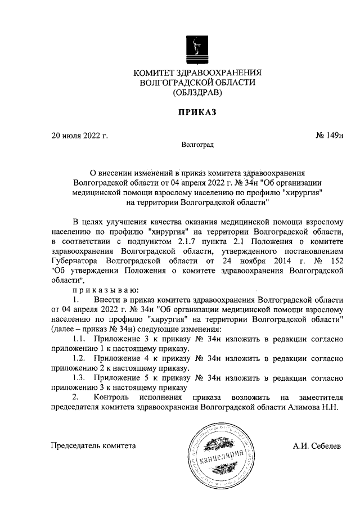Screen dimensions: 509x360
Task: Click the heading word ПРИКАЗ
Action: tap(197, 112)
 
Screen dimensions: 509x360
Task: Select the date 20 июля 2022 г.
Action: tap(79, 136)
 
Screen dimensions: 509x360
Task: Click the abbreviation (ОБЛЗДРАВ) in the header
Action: tap(197, 92)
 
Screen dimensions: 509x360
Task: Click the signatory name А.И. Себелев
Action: tap(316, 446)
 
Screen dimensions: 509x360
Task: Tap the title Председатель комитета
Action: tap(93, 446)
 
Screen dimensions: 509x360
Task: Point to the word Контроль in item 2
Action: tap(116, 397)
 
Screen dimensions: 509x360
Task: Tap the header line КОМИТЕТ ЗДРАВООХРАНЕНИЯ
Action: tap(197, 73)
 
